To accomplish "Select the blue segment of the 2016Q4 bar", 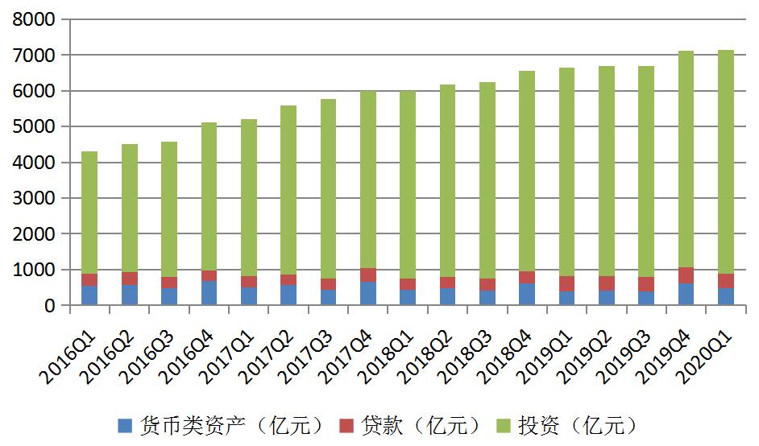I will (x=209, y=293).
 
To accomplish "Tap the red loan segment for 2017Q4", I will (x=367, y=275).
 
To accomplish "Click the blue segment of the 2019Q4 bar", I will (x=686, y=294).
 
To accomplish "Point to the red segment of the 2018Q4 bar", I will (x=526, y=277).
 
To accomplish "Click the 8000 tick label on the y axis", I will (x=34, y=19).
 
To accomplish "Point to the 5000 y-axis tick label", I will (x=34, y=127).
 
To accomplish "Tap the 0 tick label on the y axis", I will (x=50, y=306).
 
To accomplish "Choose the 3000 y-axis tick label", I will (x=34, y=199).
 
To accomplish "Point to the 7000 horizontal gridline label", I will (x=34, y=56).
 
